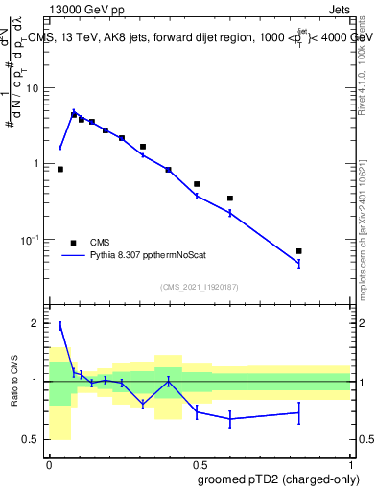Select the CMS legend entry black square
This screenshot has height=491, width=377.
click(x=73, y=243)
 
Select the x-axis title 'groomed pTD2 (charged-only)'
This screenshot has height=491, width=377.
click(x=279, y=479)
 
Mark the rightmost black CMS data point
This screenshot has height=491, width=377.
click(x=299, y=251)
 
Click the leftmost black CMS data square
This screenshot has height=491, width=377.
click(x=60, y=169)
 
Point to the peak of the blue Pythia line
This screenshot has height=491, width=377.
click(x=74, y=112)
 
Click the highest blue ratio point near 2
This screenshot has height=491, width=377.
click(x=60, y=326)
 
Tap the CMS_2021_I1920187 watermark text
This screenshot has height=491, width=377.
click(x=200, y=286)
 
